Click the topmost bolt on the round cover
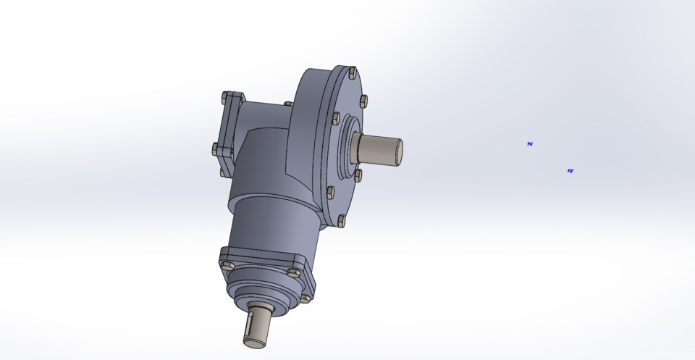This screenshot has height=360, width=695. point(352,72)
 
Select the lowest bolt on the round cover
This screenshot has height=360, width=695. point(341,221)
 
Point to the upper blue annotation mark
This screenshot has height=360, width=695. point(530,144)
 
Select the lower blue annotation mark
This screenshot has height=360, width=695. point(570,171)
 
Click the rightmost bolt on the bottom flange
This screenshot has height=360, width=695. point(306,297)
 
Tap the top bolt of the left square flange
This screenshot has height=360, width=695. point(226,96)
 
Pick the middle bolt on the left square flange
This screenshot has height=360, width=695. point(216,148)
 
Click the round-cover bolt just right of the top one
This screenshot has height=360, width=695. point(363,101)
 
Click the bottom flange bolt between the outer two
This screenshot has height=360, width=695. point(293,273)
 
